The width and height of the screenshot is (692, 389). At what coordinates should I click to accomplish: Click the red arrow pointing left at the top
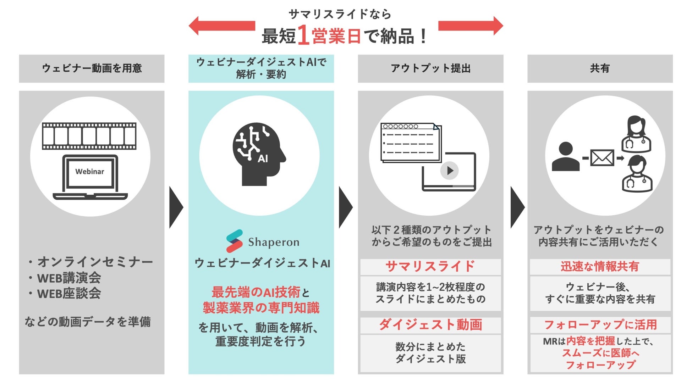pyautogui.click(x=222, y=26)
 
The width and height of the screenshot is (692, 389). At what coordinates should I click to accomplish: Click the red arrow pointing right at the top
pyautogui.click(x=471, y=26)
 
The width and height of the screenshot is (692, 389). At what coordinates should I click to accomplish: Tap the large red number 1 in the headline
pyautogui.click(x=304, y=35)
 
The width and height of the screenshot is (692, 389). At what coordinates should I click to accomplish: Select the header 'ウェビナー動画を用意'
pyautogui.click(x=92, y=68)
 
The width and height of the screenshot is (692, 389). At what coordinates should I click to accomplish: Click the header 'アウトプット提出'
pyautogui.click(x=430, y=68)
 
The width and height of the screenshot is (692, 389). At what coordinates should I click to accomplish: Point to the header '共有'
pyautogui.click(x=600, y=68)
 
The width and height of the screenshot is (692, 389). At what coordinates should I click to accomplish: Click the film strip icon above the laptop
pyautogui.click(x=89, y=136)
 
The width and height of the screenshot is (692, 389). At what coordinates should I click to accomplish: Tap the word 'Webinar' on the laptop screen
pyautogui.click(x=89, y=172)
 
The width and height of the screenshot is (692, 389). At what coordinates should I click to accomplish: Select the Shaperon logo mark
pyautogui.click(x=235, y=241)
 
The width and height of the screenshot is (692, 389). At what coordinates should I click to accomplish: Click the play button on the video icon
pyautogui.click(x=450, y=171)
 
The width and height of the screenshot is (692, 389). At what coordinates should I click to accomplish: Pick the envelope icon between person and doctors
pyautogui.click(x=602, y=158)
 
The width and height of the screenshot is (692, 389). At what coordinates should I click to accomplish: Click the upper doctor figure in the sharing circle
pyautogui.click(x=636, y=134)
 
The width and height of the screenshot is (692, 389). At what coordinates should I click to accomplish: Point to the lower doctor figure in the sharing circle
pyautogui.click(x=637, y=174)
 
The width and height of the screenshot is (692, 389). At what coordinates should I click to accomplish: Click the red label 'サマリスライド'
pyautogui.click(x=430, y=266)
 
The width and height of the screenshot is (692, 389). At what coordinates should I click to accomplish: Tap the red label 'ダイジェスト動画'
pyautogui.click(x=430, y=325)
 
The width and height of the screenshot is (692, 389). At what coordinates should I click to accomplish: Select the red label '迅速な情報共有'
pyautogui.click(x=600, y=266)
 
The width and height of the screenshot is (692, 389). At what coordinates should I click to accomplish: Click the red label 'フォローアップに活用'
pyautogui.click(x=600, y=325)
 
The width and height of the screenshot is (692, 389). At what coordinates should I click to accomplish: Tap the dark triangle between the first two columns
pyautogui.click(x=176, y=207)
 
